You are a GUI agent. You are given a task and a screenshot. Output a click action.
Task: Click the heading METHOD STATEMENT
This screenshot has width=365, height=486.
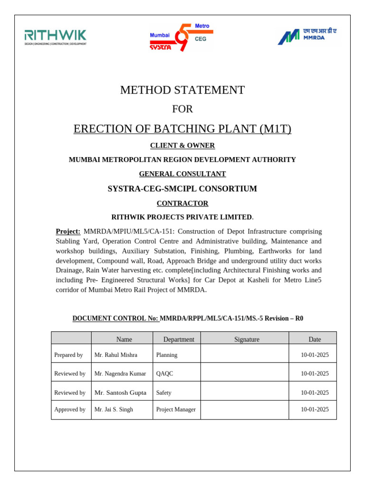[x=182, y=90]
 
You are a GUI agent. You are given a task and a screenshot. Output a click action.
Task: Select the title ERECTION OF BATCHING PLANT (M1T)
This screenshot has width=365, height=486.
[x=182, y=129]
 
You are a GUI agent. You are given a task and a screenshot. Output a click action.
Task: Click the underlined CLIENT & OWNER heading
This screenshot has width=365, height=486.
[x=182, y=145]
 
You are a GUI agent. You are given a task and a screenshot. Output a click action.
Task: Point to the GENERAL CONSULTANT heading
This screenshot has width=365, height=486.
[x=182, y=174]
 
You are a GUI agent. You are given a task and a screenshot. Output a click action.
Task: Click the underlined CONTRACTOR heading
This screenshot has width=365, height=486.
[x=182, y=203]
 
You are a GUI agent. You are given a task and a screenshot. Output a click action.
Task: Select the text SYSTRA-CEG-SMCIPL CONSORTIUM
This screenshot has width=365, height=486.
[x=182, y=188]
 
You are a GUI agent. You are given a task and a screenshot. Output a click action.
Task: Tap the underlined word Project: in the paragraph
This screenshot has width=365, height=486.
[x=68, y=231]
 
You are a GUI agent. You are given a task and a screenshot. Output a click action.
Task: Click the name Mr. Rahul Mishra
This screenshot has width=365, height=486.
[x=116, y=355]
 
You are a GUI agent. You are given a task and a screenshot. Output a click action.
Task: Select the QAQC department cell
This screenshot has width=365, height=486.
[x=164, y=374]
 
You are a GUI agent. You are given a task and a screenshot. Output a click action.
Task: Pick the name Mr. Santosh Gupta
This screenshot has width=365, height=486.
[x=120, y=393]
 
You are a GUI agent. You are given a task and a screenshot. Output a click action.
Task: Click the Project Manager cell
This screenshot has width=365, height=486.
[x=176, y=409]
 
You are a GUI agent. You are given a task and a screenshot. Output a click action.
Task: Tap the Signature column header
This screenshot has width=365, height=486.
[x=247, y=339]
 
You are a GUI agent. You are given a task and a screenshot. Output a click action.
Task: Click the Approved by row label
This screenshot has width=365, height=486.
[x=70, y=409]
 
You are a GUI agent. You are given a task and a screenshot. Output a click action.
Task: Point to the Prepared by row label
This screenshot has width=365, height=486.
[x=68, y=355]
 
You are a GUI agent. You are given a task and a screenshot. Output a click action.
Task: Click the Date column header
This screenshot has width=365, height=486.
[x=314, y=339]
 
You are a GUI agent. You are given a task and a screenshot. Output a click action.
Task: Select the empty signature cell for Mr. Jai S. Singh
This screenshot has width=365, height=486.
[x=244, y=409]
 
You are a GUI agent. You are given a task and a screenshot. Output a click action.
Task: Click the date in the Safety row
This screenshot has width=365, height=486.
[x=315, y=393]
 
